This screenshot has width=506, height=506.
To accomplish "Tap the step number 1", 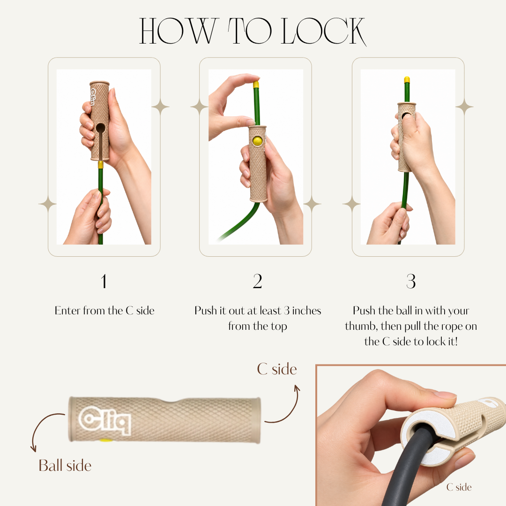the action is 104,282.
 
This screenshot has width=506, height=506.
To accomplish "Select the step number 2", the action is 257,282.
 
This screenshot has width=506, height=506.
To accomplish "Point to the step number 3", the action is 411,282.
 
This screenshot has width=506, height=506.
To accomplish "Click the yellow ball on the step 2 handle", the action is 257,141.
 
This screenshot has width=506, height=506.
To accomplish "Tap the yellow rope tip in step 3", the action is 407,80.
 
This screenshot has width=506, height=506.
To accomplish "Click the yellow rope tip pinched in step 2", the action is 256,84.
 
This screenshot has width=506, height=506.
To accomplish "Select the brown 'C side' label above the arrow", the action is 277,369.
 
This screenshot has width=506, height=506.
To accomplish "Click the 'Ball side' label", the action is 65,466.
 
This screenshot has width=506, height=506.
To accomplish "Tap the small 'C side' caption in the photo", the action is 459,487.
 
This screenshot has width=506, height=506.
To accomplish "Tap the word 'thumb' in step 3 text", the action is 361,326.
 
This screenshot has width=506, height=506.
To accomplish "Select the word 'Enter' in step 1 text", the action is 67,311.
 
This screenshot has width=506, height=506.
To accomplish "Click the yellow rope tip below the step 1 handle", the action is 100,165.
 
